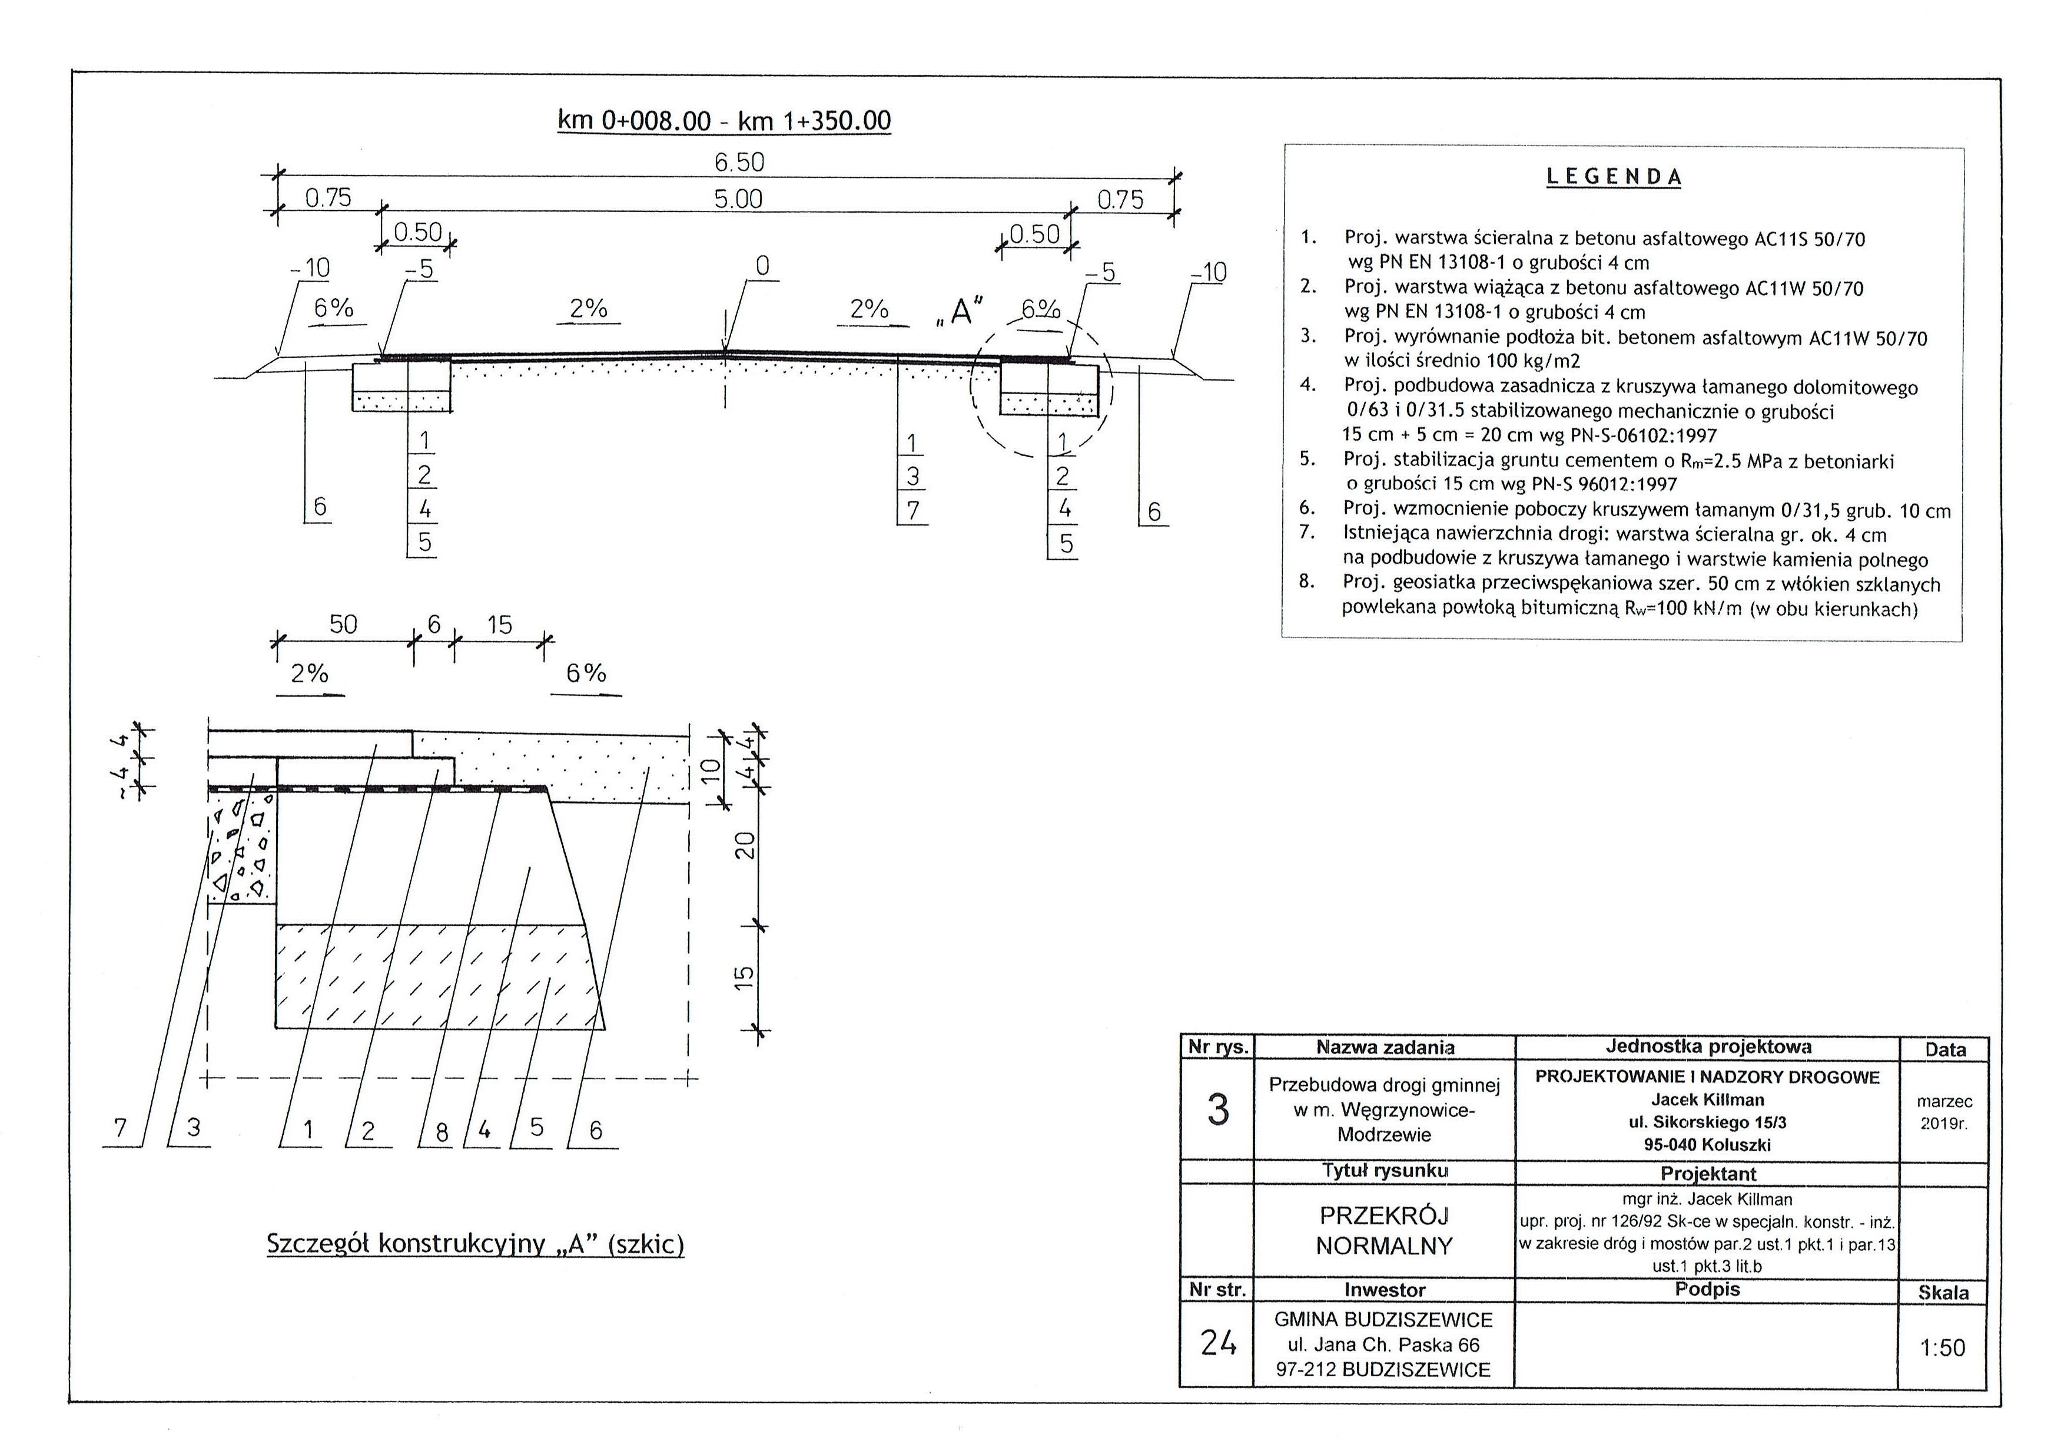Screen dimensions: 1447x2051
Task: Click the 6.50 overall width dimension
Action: point(739,163)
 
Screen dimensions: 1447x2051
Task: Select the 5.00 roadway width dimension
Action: point(738,199)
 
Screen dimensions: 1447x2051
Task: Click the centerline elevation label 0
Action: point(762,266)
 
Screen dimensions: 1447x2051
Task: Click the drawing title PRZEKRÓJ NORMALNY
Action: point(1385,1231)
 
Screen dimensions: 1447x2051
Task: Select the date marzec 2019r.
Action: point(1944,1112)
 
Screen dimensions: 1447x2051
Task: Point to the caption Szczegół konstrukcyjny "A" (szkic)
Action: point(475,1244)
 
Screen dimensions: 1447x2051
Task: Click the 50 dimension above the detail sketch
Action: point(343,625)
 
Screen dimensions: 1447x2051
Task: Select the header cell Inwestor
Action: point(1385,1290)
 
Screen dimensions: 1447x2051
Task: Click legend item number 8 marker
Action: point(1307,582)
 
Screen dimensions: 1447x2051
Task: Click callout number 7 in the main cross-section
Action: point(912,510)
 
